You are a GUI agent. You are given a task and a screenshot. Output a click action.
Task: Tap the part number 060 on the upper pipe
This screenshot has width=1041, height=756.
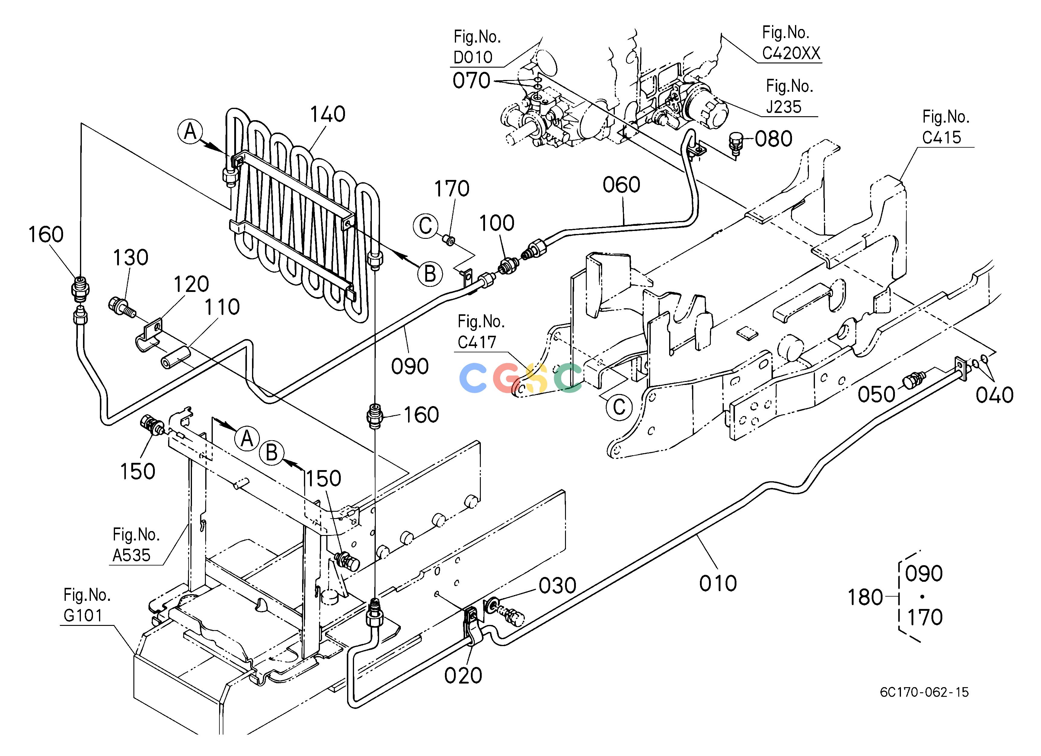[621, 185]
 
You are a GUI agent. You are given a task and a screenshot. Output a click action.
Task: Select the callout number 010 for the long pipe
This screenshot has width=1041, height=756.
[718, 583]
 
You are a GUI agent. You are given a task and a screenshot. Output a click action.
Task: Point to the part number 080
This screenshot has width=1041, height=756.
[773, 139]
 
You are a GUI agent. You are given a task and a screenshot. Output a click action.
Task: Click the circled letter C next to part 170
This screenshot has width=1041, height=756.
[426, 226]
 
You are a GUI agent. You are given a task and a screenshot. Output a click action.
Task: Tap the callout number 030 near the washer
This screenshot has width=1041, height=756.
[557, 586]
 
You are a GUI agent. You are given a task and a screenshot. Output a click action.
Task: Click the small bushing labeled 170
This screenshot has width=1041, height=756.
[449, 240]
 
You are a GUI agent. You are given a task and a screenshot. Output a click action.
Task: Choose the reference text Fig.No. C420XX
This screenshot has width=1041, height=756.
[791, 43]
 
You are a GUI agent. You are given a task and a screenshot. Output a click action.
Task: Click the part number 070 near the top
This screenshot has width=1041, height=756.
[471, 81]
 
